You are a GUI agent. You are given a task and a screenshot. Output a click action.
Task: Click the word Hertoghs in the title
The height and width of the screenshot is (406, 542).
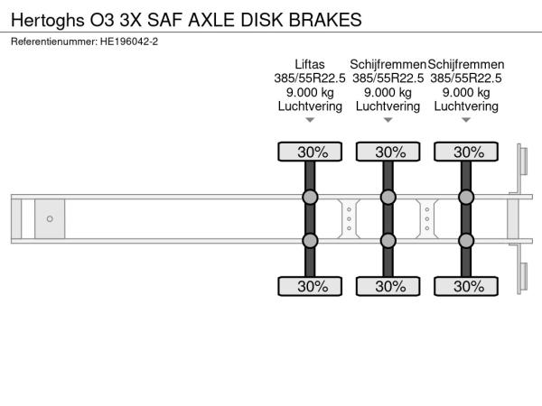(x=48, y=20)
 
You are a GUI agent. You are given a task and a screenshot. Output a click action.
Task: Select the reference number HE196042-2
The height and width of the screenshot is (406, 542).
(x=129, y=42)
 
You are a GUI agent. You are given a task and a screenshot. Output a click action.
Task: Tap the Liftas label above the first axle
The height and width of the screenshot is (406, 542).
(x=310, y=65)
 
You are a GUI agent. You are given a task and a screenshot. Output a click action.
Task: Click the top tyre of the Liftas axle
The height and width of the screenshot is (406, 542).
(x=310, y=152)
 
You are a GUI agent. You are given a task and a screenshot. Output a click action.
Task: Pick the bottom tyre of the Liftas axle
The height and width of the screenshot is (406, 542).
(x=310, y=286)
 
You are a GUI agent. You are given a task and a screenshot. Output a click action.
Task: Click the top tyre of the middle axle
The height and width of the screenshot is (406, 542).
(x=388, y=152)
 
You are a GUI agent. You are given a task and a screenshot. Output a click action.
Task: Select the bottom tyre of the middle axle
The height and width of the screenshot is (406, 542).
(x=388, y=286)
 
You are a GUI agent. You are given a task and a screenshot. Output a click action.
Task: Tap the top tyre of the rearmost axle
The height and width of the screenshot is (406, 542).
(x=466, y=152)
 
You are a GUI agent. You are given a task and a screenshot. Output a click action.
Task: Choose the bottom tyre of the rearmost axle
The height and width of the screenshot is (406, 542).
(x=466, y=286)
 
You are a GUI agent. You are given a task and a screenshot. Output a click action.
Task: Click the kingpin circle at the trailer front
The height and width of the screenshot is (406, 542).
(x=50, y=218)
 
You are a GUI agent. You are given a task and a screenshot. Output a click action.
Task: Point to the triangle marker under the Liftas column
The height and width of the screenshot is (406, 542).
(x=310, y=120)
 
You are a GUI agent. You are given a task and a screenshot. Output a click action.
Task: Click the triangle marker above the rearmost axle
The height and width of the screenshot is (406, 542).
(x=466, y=120)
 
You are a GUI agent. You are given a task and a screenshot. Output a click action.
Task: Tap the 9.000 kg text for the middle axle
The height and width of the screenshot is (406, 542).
(x=388, y=93)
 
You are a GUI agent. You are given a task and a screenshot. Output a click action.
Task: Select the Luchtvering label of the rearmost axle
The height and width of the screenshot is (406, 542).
(x=466, y=106)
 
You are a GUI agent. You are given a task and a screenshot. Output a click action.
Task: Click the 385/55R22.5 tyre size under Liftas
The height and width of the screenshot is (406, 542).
(x=310, y=78)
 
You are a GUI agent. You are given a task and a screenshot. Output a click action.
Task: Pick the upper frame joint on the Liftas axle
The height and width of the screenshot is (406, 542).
(x=310, y=197)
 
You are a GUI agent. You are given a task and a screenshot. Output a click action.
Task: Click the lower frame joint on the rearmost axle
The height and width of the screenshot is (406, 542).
(x=466, y=241)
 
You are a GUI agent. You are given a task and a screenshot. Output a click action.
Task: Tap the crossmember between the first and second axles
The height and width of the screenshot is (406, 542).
(x=349, y=219)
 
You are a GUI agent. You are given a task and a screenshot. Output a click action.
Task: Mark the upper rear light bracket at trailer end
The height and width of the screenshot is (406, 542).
(x=522, y=161)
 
